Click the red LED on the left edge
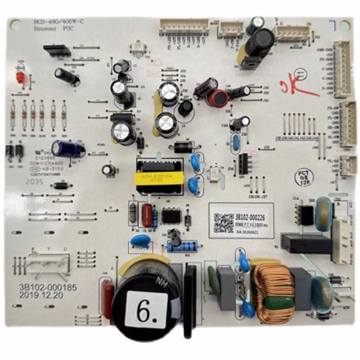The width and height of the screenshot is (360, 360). (20, 77)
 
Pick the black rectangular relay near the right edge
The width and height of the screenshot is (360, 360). (306, 243)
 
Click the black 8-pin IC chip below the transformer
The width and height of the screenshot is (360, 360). (171, 216)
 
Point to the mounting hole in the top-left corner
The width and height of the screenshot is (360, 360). (15, 23)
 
